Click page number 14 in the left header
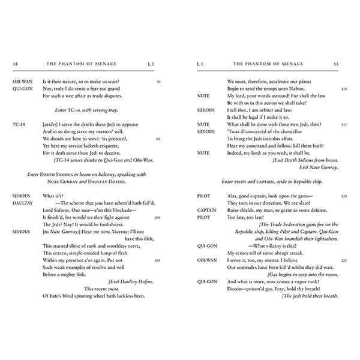pyautogui.click(x=15, y=62)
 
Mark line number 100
pyautogui.click(x=157, y=218)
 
